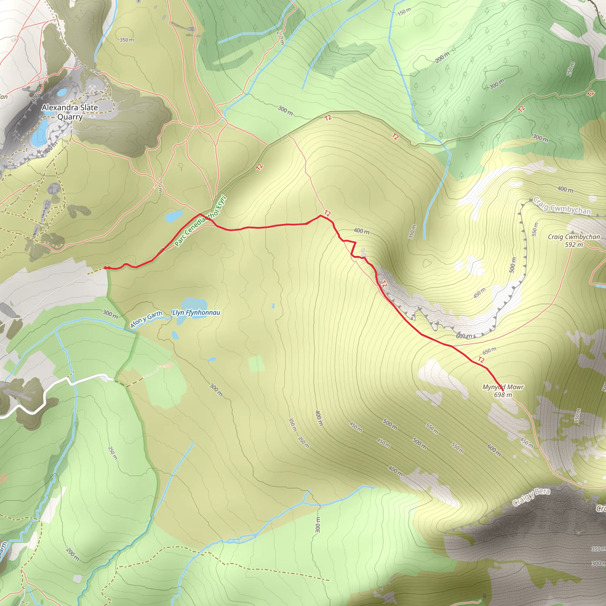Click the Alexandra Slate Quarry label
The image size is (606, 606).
(70, 112)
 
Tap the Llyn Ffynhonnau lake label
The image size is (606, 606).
(196, 312)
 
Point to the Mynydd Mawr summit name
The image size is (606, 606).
(503, 387)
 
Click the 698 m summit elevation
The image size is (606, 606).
(503, 395)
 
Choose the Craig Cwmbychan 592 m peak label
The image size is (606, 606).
(574, 241)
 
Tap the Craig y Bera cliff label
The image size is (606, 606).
(531, 497)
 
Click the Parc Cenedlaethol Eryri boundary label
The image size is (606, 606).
(200, 221)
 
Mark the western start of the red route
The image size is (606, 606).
(105, 267)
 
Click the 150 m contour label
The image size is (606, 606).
(404, 11)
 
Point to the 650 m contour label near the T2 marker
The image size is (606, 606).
(489, 350)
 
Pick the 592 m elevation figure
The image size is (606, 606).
(574, 245)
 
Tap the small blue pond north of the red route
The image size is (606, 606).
(174, 216)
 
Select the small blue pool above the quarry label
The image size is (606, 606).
(62, 92)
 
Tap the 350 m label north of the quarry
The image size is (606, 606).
(127, 40)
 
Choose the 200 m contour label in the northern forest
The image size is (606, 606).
(442, 57)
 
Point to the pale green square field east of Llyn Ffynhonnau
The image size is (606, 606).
(256, 364)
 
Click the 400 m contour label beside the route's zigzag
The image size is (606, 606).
(361, 231)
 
